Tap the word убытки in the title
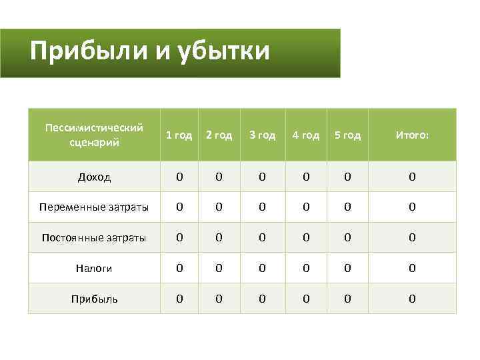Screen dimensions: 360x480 224,51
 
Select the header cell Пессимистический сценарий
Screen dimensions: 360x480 94,135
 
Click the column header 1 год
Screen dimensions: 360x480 179,135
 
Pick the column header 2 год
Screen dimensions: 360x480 219,135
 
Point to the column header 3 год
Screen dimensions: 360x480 262,135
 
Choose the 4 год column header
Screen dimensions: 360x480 306,135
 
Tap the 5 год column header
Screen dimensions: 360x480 347,135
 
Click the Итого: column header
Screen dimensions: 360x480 412,135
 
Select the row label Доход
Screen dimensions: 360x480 94,177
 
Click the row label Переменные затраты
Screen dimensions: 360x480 94,207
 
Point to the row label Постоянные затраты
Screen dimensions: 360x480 94,238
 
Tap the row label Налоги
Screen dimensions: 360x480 94,269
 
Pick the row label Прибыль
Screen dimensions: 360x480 94,299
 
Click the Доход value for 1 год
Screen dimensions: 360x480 179,177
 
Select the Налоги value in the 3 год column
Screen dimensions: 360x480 262,269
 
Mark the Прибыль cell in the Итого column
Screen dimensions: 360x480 412,299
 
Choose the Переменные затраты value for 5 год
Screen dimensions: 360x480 347,207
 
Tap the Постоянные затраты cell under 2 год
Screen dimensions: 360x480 219,238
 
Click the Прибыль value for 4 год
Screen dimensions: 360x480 306,299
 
